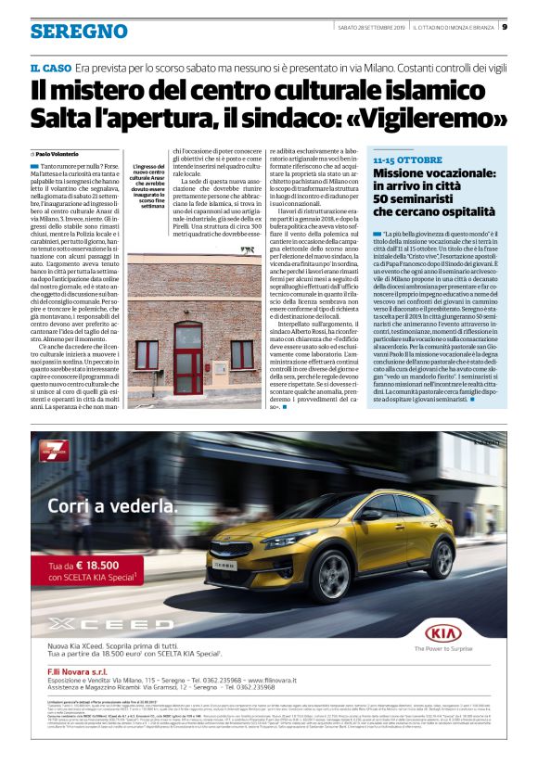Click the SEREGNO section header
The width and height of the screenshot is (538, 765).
78,31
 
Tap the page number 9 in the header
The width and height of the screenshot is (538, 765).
503,27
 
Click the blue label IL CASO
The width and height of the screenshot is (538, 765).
49,70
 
